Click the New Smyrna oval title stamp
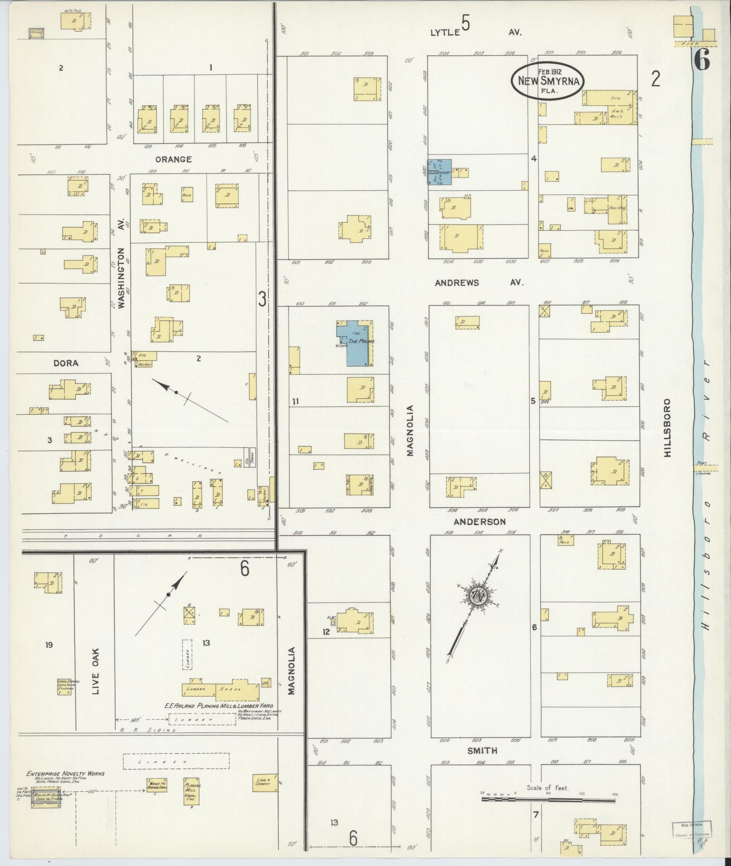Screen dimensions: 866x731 click(547, 80)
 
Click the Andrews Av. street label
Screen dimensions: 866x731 click(479, 282)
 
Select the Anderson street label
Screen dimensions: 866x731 click(479, 522)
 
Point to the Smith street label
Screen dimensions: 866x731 click(482, 750)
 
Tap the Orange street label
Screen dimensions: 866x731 click(173, 159)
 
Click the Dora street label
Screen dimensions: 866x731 click(66, 363)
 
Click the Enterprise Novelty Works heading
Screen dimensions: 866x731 click(65, 773)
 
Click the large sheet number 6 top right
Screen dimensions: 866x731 click(701, 60)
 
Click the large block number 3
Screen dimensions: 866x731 click(262, 299)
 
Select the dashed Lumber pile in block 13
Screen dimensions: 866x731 click(187, 654)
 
